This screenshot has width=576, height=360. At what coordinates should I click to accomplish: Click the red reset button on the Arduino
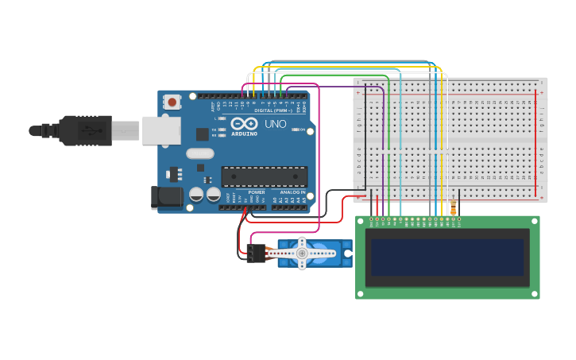(x=172, y=101)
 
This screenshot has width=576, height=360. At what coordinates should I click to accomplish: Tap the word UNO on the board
(x=275, y=124)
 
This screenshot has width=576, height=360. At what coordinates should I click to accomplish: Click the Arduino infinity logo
(x=245, y=124)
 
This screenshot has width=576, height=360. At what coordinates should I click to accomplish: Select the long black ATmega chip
(x=264, y=176)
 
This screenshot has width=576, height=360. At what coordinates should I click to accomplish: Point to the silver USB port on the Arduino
(x=161, y=130)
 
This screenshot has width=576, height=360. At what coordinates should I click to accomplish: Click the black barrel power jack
(x=164, y=196)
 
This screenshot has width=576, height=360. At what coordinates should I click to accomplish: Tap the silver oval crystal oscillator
(x=200, y=153)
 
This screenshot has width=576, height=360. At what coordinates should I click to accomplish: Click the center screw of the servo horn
(x=302, y=253)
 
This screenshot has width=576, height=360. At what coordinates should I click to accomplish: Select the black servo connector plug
(x=256, y=254)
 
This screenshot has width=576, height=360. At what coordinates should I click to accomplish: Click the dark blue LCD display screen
(x=447, y=257)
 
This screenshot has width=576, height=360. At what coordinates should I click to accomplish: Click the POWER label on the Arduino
(x=257, y=192)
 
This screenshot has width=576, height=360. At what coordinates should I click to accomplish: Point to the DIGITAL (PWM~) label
(x=273, y=110)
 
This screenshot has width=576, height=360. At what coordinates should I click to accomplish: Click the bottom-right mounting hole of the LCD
(x=535, y=294)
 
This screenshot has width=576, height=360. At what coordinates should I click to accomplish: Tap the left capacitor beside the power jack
(x=196, y=194)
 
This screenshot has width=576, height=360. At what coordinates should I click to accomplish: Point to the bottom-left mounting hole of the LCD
(x=360, y=294)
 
